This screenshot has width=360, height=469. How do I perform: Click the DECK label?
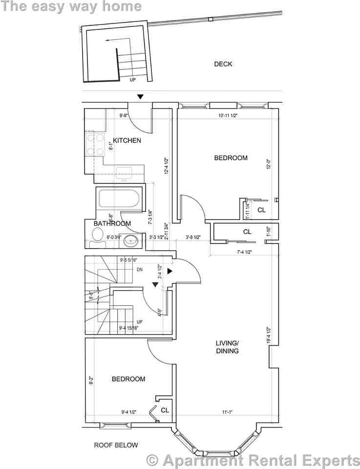point(223,64)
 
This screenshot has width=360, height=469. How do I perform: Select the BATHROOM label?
point(112,224)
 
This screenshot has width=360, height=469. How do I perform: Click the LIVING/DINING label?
point(227,346)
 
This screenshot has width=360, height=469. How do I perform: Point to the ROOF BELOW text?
point(116,445)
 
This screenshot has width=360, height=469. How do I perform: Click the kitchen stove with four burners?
point(94,144)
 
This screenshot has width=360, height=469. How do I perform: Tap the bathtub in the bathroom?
point(119,199)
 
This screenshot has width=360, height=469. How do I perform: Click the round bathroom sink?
point(131,240)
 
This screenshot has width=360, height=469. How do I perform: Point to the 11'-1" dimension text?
point(227,412)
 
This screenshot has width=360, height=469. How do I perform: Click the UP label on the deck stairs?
point(133,80)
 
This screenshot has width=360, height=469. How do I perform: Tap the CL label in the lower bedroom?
point(165,410)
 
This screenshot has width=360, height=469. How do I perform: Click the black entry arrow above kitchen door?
point(140,97)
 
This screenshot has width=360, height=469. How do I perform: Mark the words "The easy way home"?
point(71,6)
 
